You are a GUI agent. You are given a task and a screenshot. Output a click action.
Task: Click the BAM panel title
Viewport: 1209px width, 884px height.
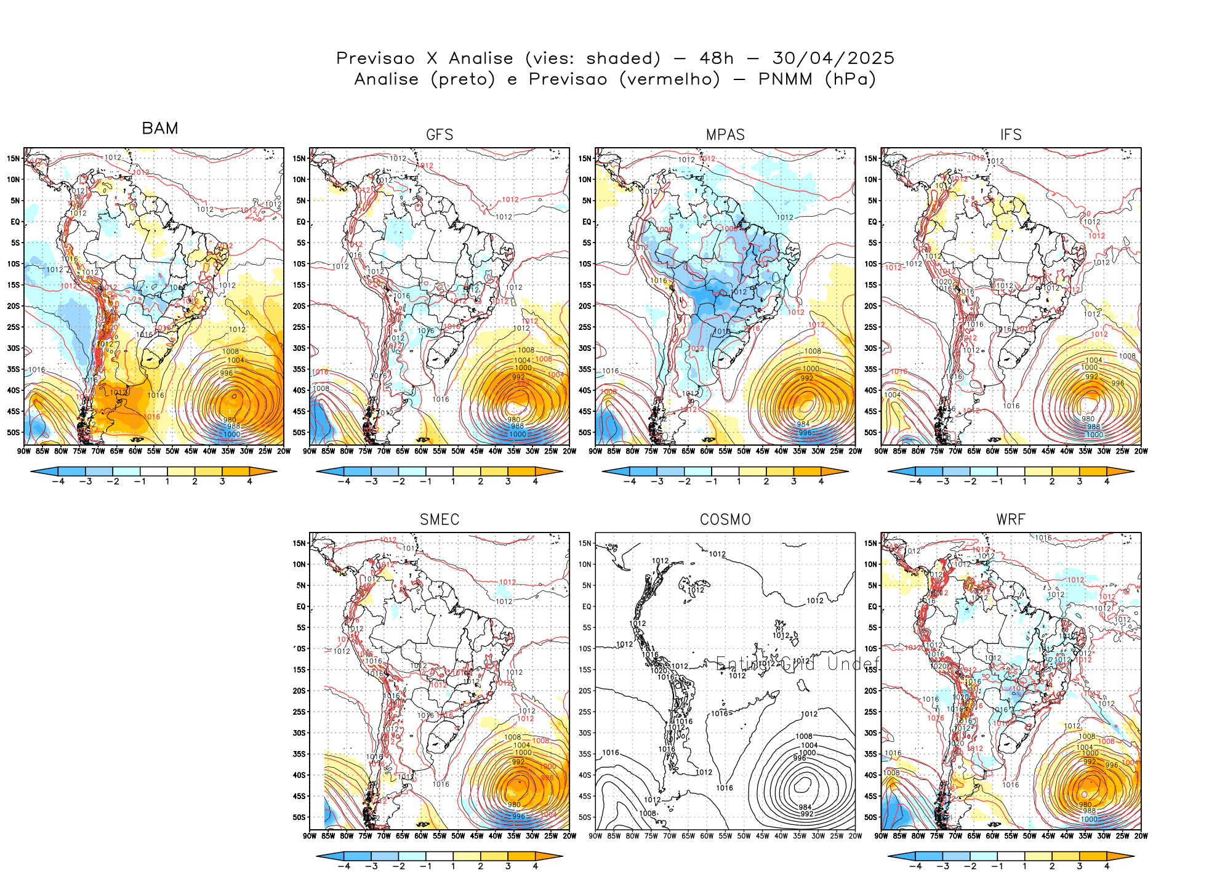click(160, 128)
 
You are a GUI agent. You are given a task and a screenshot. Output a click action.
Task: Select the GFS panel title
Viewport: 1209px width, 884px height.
click(440, 135)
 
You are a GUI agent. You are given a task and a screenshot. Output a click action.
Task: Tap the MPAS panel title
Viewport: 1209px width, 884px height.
click(725, 135)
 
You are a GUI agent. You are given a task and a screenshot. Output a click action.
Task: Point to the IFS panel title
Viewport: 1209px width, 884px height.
click(1011, 135)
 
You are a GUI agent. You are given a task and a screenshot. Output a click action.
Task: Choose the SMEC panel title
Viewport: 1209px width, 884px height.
click(440, 520)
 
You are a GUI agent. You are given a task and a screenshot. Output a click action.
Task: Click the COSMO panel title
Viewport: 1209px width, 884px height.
click(725, 520)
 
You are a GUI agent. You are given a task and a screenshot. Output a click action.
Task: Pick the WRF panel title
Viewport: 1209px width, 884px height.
click(1011, 520)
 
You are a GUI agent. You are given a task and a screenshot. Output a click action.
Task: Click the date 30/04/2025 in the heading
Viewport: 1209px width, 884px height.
click(833, 58)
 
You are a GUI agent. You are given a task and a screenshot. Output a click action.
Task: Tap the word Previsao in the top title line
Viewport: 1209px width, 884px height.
click(376, 58)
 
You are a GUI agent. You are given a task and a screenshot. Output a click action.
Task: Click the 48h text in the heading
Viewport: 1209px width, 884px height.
click(717, 58)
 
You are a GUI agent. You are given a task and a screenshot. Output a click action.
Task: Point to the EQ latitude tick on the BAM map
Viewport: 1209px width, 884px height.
click(15, 222)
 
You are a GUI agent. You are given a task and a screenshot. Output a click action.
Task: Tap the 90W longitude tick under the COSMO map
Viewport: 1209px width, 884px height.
click(595, 836)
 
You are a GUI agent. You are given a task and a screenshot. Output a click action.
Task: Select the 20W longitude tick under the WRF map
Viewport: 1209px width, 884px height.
click(1141, 836)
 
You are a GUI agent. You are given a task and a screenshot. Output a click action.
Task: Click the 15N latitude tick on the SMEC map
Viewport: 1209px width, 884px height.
click(299, 543)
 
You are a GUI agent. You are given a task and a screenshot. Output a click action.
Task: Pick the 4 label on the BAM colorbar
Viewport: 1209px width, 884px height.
click(249, 481)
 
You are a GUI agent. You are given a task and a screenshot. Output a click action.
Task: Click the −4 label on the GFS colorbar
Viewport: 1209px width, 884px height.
click(343, 481)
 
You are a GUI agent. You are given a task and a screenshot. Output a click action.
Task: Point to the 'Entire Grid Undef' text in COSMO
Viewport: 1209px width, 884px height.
click(797, 664)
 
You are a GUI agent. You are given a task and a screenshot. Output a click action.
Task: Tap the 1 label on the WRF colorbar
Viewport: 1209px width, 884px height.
click(1024, 866)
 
